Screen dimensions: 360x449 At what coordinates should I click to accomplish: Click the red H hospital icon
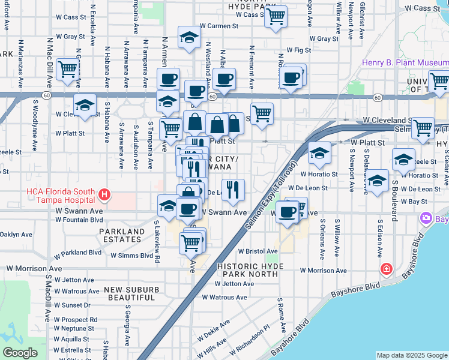[x=105, y=195]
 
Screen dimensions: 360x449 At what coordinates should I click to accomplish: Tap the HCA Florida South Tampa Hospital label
[x=62, y=196]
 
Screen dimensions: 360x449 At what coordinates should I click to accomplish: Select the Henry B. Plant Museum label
[x=402, y=63]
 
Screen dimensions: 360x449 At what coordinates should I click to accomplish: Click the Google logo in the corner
[x=20, y=353]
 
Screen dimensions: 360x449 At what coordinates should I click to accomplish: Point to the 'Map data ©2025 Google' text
[x=412, y=355]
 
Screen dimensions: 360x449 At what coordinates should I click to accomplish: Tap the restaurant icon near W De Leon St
[x=234, y=190]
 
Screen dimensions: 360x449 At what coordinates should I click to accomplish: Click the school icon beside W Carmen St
[x=189, y=37]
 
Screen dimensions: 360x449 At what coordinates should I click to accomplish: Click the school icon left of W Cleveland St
[x=85, y=105]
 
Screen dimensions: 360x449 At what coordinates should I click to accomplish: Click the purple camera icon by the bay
[x=427, y=218]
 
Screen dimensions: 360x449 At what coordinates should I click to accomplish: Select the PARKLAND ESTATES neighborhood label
[x=122, y=235]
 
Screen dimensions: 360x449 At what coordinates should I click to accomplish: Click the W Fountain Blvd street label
[x=79, y=220]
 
